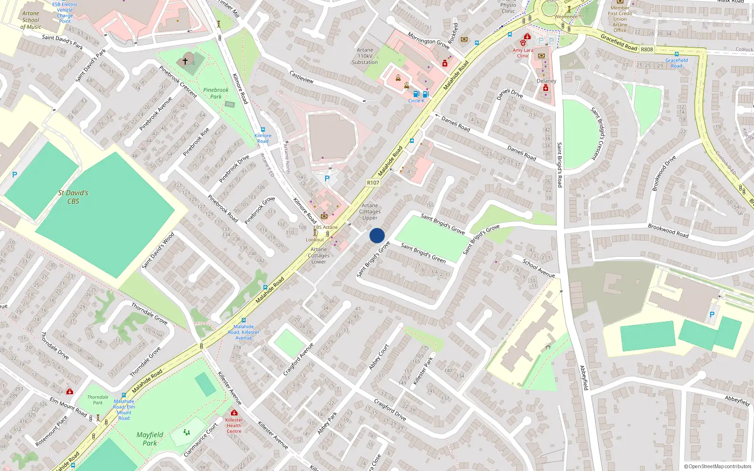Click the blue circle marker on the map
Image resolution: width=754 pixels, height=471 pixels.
[377, 235]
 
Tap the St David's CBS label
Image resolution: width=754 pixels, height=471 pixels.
[73, 197]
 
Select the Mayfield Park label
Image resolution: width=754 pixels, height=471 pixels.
[150, 439]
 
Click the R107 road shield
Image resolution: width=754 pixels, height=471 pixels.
[373, 183]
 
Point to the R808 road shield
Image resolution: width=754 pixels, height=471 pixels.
[647, 49]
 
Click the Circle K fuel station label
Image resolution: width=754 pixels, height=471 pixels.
[416, 101]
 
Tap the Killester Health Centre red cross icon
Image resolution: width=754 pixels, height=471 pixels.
[234, 413]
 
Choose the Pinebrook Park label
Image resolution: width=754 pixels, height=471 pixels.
[216, 93]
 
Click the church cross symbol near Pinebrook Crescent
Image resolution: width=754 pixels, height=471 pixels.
[185, 61]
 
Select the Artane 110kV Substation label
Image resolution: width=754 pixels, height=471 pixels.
[365, 56]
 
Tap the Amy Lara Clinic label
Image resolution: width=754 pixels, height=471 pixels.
[523, 53]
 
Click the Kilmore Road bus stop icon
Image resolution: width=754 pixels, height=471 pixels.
[263, 130]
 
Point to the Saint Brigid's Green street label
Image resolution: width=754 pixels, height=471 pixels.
[423, 253]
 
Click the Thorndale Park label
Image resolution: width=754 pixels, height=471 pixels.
[98, 400]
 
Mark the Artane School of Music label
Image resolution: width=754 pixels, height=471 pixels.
[31, 20]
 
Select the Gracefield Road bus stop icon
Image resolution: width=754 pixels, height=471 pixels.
[677, 54]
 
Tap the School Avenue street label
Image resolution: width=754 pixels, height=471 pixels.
[539, 268]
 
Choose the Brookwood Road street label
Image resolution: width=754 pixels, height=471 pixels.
[668, 230]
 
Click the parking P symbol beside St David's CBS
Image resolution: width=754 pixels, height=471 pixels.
[15, 175]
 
